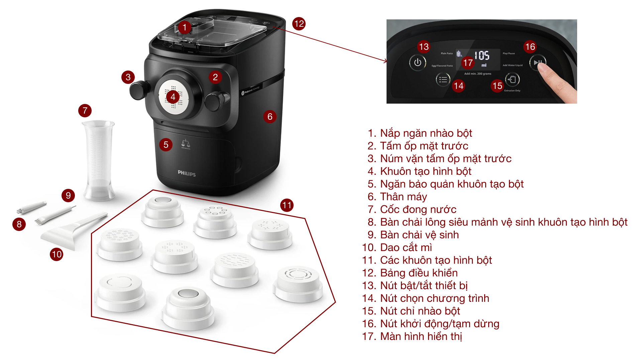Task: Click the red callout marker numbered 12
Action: point(299,24)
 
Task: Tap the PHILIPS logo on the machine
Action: point(187,173)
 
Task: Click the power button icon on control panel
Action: point(417,63)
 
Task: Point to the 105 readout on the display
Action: point(482,55)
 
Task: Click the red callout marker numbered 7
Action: point(85,111)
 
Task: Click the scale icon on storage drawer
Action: point(186,144)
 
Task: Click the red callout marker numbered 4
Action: point(173,97)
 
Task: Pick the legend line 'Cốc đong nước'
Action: point(418,210)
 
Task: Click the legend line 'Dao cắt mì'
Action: point(406,248)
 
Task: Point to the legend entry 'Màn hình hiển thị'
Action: point(421,337)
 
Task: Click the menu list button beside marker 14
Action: point(443,80)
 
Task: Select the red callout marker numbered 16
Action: point(530,47)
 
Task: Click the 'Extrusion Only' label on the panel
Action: point(512,91)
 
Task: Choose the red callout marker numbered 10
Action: point(57,254)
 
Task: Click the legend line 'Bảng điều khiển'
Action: point(419,273)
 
